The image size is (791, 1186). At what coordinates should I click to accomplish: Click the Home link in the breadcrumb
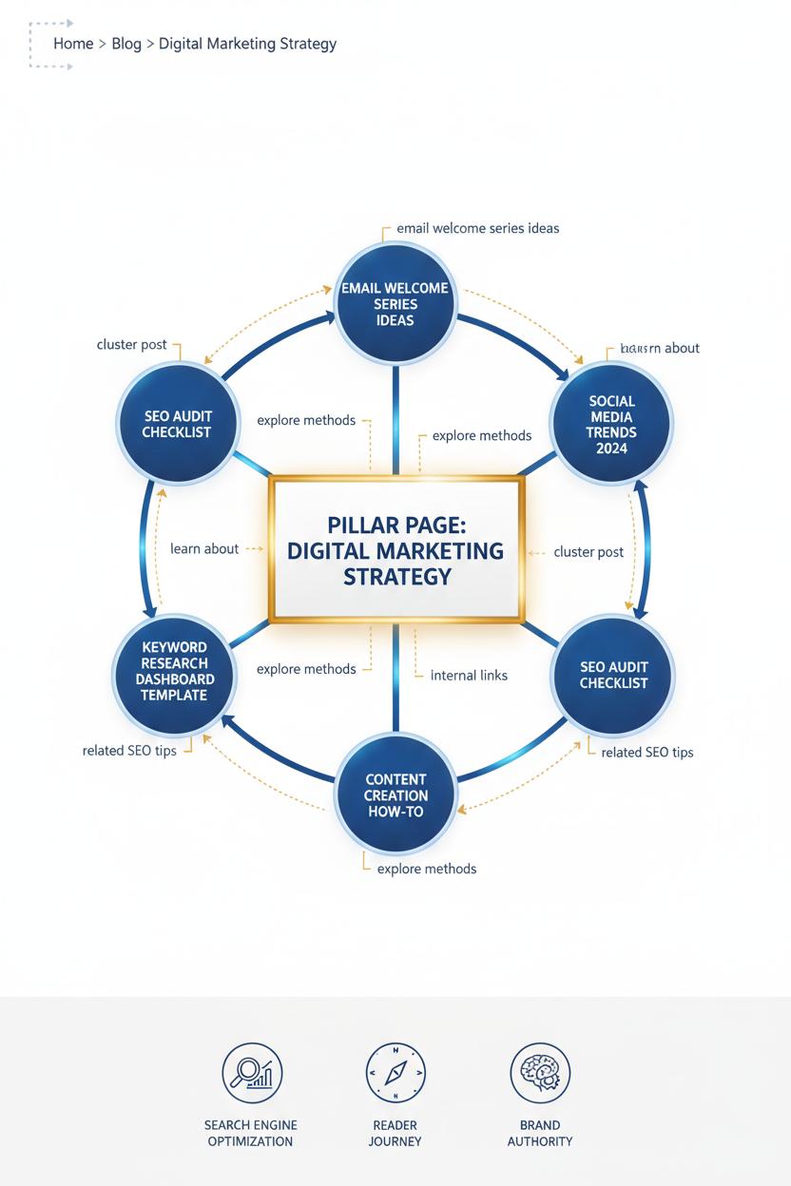tap(73, 44)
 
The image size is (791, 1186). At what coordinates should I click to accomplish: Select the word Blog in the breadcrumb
tap(126, 44)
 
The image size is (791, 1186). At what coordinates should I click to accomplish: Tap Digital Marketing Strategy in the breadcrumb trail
tap(247, 44)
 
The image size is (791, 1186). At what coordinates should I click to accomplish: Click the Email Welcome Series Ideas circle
tap(395, 304)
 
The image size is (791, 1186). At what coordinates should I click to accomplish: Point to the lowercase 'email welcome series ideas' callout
tap(477, 228)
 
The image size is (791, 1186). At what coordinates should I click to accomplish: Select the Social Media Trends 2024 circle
tap(611, 424)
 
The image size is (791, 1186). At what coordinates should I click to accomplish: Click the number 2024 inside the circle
tap(612, 449)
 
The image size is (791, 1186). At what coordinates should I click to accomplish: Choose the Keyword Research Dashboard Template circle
tap(175, 671)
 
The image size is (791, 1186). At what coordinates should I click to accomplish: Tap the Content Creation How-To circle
tap(395, 795)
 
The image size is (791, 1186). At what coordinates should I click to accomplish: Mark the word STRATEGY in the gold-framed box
tap(396, 577)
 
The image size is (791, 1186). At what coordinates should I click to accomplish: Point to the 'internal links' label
tap(469, 676)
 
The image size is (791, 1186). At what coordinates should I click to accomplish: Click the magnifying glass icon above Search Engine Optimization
tap(251, 1072)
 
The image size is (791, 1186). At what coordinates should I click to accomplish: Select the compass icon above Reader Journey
tap(395, 1072)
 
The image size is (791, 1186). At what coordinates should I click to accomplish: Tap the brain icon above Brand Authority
tap(540, 1072)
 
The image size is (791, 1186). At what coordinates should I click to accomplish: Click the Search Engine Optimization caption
tap(250, 1133)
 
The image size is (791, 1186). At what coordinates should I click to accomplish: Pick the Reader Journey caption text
tap(395, 1133)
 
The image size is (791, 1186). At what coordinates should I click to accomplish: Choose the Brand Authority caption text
tap(540, 1133)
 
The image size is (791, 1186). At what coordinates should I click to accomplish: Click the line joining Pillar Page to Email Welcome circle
tap(395, 418)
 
